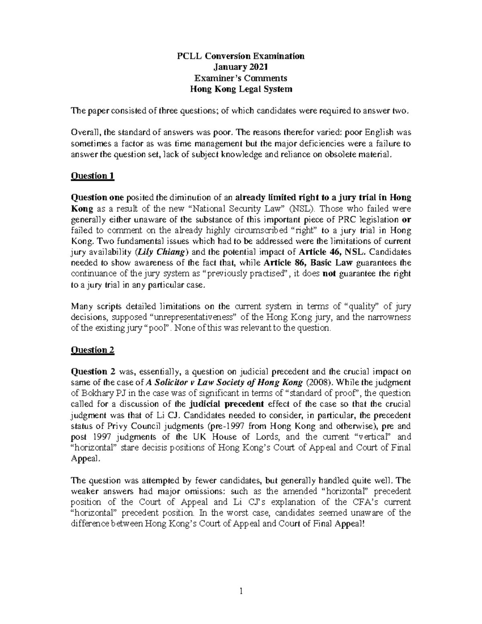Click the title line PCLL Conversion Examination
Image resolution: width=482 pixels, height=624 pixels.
[x=241, y=56]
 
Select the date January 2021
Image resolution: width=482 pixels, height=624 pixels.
[x=241, y=67]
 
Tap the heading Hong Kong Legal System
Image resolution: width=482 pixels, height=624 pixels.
[x=241, y=89]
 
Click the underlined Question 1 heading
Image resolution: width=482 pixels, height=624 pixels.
[x=92, y=176]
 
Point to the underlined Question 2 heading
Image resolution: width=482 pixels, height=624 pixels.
[x=92, y=350]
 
